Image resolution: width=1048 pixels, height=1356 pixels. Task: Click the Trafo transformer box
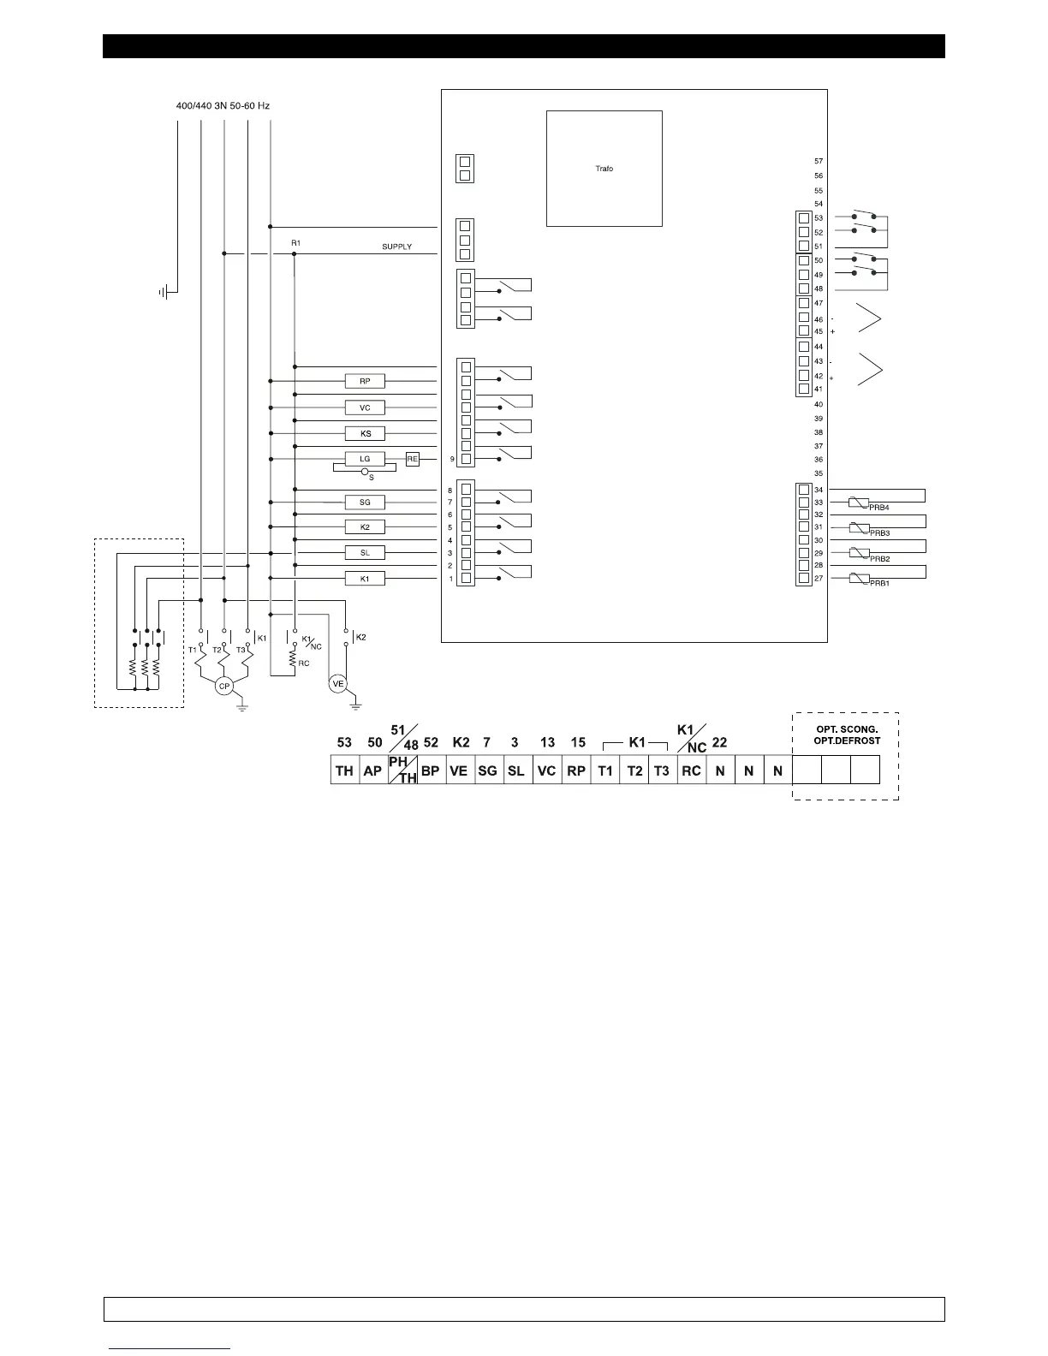point(604,169)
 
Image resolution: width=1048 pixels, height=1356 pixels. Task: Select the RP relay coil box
point(365,382)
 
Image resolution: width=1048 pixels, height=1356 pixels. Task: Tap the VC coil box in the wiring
point(365,407)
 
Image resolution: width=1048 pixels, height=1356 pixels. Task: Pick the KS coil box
point(365,433)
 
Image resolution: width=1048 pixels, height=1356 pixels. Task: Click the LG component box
point(365,459)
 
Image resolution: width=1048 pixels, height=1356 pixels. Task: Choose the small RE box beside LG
point(413,459)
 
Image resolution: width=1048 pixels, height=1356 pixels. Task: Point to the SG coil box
point(365,503)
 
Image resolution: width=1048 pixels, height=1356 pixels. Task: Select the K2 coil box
point(365,527)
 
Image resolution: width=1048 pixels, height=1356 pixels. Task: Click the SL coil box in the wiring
point(365,553)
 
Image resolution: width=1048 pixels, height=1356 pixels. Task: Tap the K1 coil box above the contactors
point(365,579)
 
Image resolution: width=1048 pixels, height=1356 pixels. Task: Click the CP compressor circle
point(223,687)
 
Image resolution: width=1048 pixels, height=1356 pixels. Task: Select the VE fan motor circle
point(337,683)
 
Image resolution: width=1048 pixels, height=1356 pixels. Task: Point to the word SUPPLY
point(396,247)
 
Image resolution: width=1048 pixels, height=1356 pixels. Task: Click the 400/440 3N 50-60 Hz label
point(217,106)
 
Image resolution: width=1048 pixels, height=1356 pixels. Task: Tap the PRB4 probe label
point(879,508)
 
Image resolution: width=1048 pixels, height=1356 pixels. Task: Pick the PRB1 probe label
point(879,583)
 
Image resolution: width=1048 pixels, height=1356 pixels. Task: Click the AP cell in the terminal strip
point(372,770)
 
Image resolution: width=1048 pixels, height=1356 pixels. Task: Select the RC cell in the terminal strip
point(691,770)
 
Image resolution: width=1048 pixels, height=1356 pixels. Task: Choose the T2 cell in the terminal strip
point(634,770)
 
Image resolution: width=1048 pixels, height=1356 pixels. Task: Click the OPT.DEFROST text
point(847,741)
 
